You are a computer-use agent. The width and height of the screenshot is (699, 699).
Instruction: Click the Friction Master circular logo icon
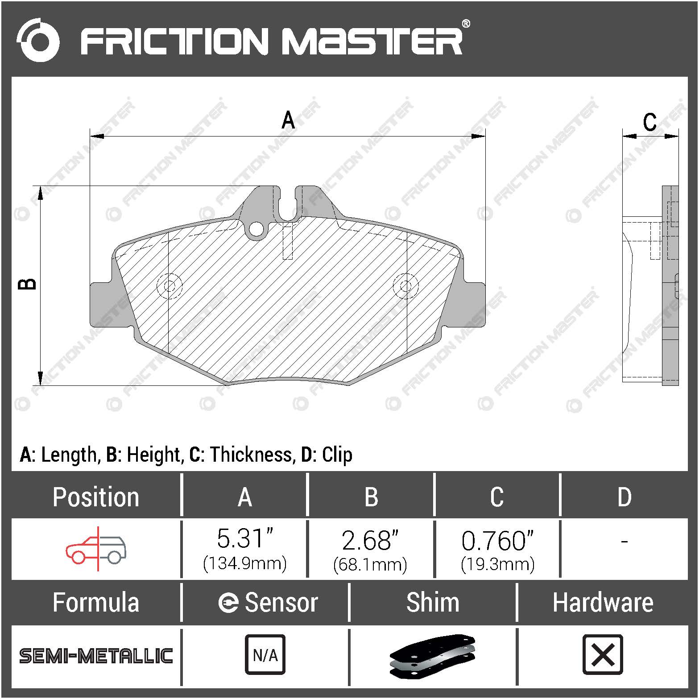tap(38, 40)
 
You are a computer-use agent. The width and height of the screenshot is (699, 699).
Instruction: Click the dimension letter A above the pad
tap(288, 120)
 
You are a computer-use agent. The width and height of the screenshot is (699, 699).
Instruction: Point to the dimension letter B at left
tap(28, 284)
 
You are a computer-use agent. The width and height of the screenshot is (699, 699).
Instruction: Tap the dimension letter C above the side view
tap(649, 122)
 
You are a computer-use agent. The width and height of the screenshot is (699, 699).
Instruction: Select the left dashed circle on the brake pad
tap(170, 285)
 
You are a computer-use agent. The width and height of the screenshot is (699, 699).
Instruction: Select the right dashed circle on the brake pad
tap(405, 285)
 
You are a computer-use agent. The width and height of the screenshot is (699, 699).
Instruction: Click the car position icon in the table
tap(96, 549)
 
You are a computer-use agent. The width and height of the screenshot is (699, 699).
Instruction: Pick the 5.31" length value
tap(244, 539)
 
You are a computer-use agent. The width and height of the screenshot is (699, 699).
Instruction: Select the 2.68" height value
tap(370, 540)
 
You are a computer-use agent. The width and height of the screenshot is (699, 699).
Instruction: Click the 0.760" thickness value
tap(497, 540)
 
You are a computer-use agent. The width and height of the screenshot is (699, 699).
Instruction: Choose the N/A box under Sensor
tap(265, 654)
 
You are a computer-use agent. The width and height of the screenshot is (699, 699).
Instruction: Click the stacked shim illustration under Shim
tap(432, 654)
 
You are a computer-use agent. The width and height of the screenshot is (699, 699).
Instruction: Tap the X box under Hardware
tap(603, 654)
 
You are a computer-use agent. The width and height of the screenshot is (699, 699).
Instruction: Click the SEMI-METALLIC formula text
tap(96, 656)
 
